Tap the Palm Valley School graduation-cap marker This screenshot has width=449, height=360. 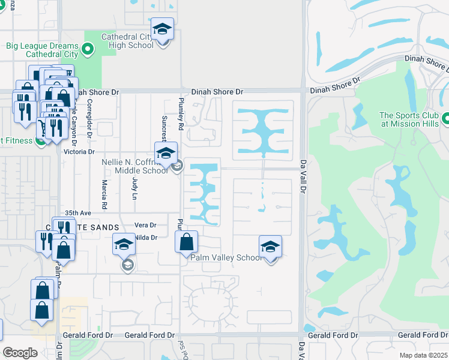tap(270, 247)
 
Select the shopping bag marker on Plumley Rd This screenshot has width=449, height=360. tap(187, 242)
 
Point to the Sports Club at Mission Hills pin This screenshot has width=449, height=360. tap(445, 119)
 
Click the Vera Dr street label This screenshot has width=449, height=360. tap(146, 225)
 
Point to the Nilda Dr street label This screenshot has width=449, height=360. tap(146, 238)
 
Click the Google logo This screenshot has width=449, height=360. tap(20, 353)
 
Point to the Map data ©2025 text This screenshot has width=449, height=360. tap(423, 355)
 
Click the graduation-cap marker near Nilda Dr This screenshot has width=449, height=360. tap(124, 244)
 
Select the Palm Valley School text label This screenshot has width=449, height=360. tap(226, 257)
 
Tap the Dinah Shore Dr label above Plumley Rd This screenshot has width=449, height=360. tap(217, 92)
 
